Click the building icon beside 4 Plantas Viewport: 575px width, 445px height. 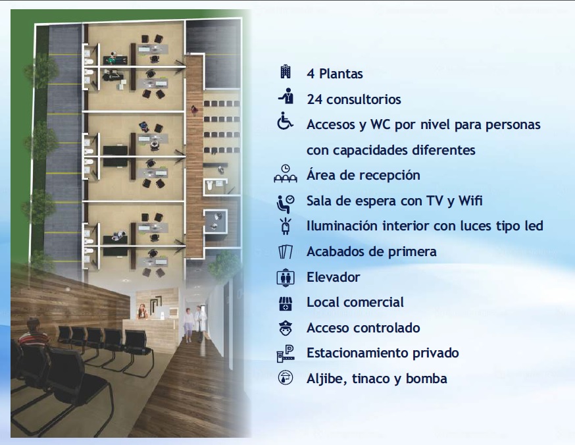[286, 72]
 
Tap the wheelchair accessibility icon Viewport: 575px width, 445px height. [285, 121]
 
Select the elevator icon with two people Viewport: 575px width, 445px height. [286, 277]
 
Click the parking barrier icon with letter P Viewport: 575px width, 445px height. [286, 353]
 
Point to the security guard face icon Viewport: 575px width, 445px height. [286, 328]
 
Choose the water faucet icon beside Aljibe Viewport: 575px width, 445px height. [286, 378]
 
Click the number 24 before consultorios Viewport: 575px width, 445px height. [314, 99]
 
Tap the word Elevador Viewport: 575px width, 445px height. [333, 277]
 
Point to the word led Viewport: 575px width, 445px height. [534, 226]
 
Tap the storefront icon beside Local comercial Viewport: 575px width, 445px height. [286, 303]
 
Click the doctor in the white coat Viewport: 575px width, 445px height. [200, 323]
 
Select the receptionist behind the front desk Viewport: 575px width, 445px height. [142, 312]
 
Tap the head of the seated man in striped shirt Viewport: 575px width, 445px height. [33, 325]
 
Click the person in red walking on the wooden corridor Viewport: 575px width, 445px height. [194, 109]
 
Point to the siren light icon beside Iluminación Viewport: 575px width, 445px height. [286, 226]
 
